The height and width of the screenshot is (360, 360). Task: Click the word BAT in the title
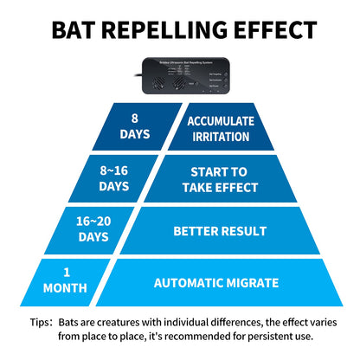(79, 29)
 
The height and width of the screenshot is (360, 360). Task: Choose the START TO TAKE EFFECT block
(223, 177)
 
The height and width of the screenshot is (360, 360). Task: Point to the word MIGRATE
(260, 282)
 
